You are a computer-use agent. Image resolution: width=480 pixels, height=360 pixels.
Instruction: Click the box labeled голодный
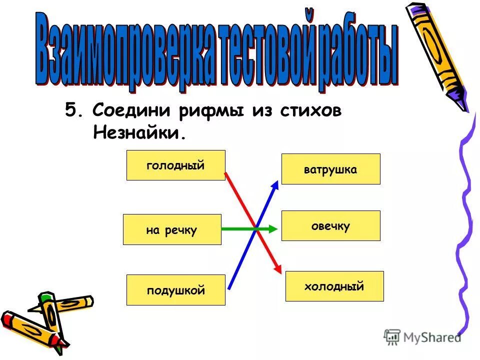click(x=175, y=165)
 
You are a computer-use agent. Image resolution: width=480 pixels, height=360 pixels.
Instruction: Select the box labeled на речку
click(x=172, y=229)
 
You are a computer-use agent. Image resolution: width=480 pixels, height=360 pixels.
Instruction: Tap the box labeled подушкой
click(x=175, y=290)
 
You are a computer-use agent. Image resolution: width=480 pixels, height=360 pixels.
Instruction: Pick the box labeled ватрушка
click(x=330, y=169)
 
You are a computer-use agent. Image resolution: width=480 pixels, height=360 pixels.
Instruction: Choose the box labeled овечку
click(x=330, y=225)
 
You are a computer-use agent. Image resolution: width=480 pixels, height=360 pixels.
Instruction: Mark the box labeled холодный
click(x=334, y=286)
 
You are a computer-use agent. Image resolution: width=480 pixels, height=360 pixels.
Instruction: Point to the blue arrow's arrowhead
click(x=274, y=184)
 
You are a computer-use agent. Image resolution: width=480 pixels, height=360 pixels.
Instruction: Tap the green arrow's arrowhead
click(x=271, y=229)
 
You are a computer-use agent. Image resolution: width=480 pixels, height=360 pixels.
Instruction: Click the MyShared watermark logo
click(x=422, y=337)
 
